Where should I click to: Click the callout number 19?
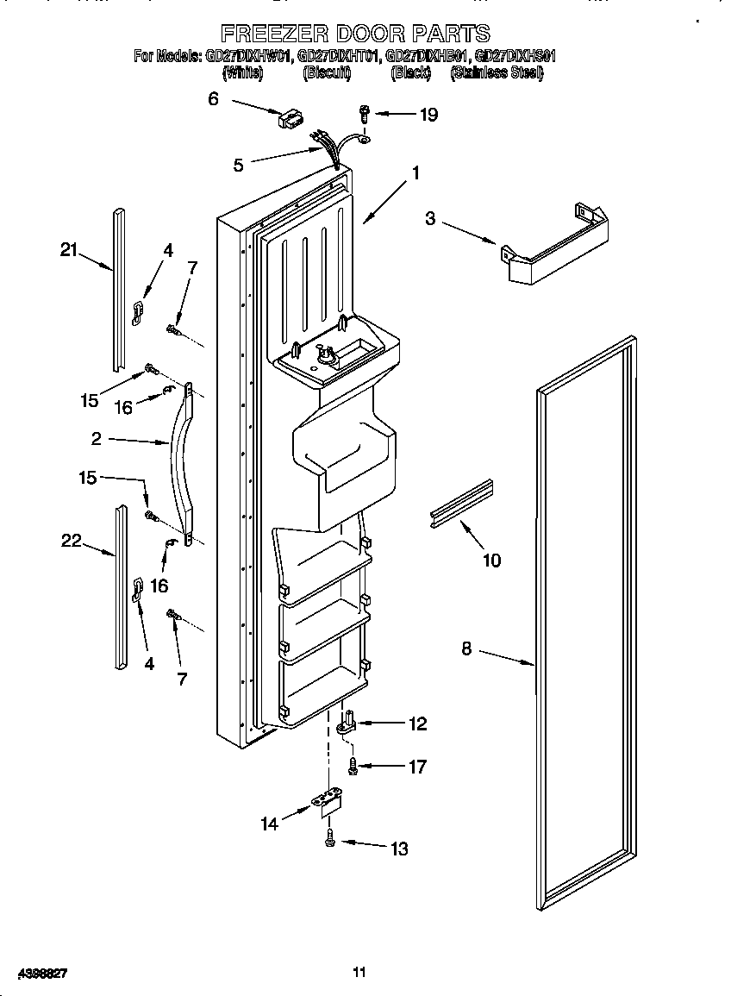(x=428, y=114)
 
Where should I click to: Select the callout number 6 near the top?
(x=213, y=98)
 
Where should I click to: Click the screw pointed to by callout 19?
(x=365, y=111)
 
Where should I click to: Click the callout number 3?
(x=430, y=218)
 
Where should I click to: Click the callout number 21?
(x=69, y=250)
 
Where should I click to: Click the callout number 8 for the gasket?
(x=466, y=648)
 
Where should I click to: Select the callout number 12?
(x=417, y=724)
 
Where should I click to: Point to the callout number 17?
(x=417, y=766)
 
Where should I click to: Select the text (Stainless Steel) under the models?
(x=497, y=74)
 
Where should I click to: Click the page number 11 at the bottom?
(x=359, y=973)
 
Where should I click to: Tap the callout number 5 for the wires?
(x=239, y=165)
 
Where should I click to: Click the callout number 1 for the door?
(x=416, y=173)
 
